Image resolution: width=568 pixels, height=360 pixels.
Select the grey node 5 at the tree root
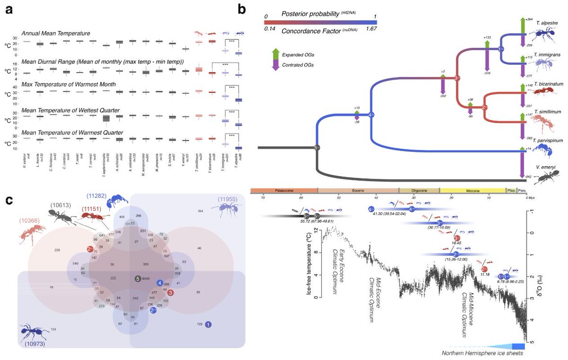[x=318, y=148]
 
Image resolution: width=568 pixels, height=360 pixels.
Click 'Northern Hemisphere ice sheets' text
[x=482, y=353]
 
